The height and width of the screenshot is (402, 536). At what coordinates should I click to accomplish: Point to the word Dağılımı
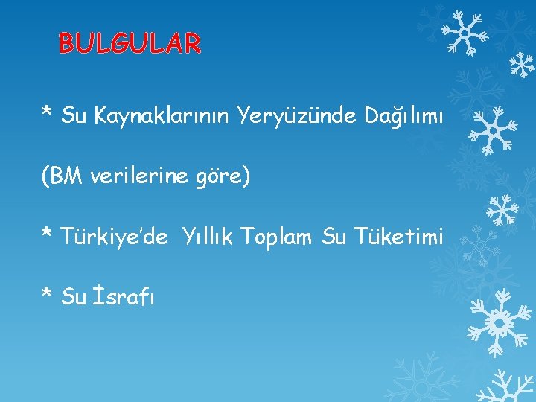point(404,116)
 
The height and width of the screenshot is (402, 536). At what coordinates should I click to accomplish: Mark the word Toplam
point(281,237)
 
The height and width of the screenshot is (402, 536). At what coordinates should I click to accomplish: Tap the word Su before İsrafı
point(74,297)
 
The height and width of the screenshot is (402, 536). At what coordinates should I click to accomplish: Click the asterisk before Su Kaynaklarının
point(47,113)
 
